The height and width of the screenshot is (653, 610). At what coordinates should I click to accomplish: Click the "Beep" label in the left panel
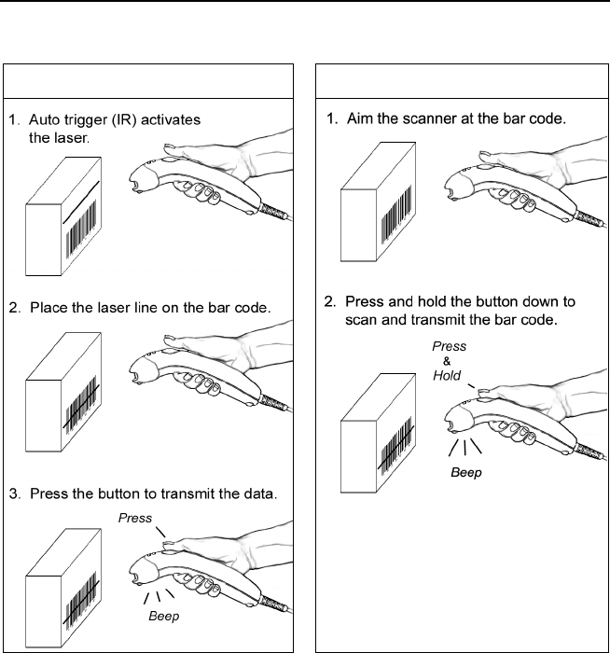tap(164, 617)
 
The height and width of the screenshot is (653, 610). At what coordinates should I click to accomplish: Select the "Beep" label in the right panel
tap(466, 473)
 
